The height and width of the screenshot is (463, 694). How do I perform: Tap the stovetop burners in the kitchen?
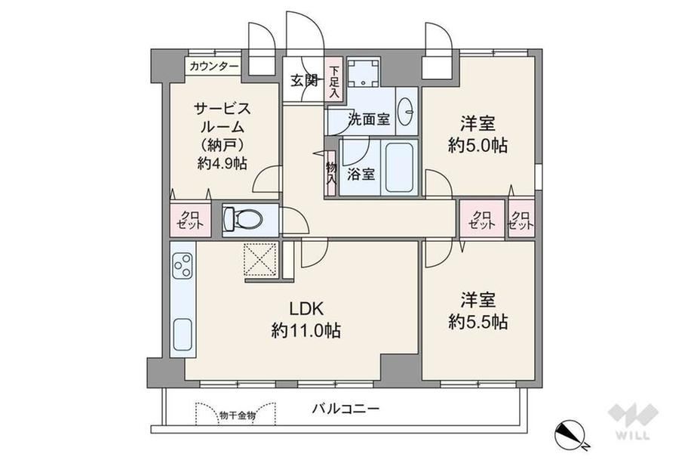pyautogui.click(x=183, y=265)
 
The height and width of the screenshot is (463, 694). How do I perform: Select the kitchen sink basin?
pyautogui.click(x=183, y=334)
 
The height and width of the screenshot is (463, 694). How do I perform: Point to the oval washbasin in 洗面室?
pyautogui.click(x=406, y=111)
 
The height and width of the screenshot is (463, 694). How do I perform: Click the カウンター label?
pyautogui.click(x=214, y=66)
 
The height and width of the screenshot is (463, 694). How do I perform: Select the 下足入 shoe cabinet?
pyautogui.click(x=335, y=81)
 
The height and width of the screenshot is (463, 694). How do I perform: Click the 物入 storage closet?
pyautogui.click(x=331, y=174)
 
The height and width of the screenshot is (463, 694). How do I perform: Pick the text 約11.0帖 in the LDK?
pyautogui.click(x=306, y=330)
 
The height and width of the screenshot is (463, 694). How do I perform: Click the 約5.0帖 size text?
pyautogui.click(x=478, y=145)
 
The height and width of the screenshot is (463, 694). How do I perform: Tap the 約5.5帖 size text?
pyautogui.click(x=478, y=322)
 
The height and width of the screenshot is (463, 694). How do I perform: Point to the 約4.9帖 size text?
pyautogui.click(x=223, y=163)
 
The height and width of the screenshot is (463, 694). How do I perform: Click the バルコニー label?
pyautogui.click(x=345, y=408)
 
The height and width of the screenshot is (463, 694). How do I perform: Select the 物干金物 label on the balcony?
pyautogui.click(x=237, y=415)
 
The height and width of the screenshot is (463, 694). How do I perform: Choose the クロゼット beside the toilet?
pyautogui.click(x=190, y=219)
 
